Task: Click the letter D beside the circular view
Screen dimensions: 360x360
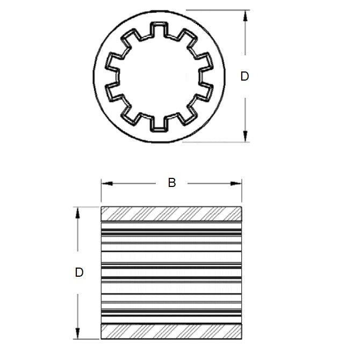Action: pos(244,76)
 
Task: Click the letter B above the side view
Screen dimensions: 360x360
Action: pos(172,183)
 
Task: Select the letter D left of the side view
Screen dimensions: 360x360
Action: pos(79,272)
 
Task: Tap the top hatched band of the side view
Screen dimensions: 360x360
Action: pos(171,214)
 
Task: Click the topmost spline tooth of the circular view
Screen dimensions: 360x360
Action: pos(158,29)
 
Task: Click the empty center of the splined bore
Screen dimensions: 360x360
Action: pos(158,76)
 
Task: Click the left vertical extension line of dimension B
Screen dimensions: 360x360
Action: pos(101,193)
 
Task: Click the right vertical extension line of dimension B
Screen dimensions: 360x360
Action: pos(241,193)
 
